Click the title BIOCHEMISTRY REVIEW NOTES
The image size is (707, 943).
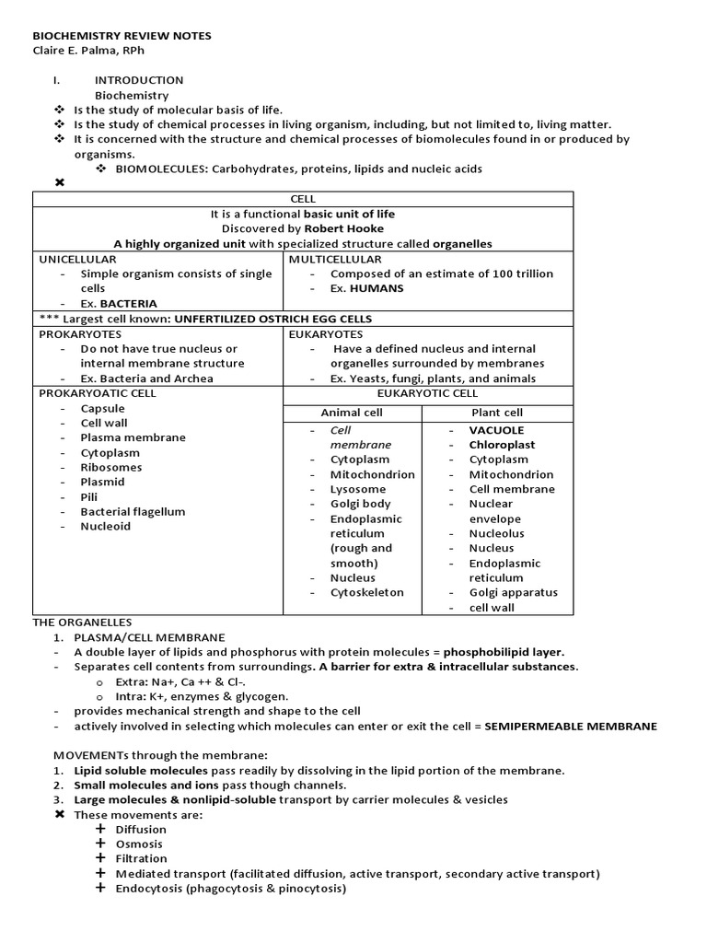(x=122, y=36)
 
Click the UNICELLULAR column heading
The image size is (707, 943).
(x=77, y=259)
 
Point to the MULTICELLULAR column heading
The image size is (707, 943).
(x=335, y=259)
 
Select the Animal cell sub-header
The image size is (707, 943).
(x=351, y=413)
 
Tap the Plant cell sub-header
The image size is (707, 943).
(x=497, y=413)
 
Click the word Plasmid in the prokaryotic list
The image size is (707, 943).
(x=102, y=482)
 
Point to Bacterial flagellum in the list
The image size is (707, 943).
(x=133, y=511)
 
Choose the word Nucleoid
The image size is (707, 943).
(x=105, y=526)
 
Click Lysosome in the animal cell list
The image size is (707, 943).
(x=358, y=489)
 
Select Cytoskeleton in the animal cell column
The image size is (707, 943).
(x=366, y=592)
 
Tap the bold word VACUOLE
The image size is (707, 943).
(x=496, y=430)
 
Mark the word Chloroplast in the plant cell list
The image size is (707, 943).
(x=502, y=445)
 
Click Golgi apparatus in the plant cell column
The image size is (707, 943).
(x=513, y=592)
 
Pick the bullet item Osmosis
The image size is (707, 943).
(x=139, y=844)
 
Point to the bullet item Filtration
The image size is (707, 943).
(x=141, y=858)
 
